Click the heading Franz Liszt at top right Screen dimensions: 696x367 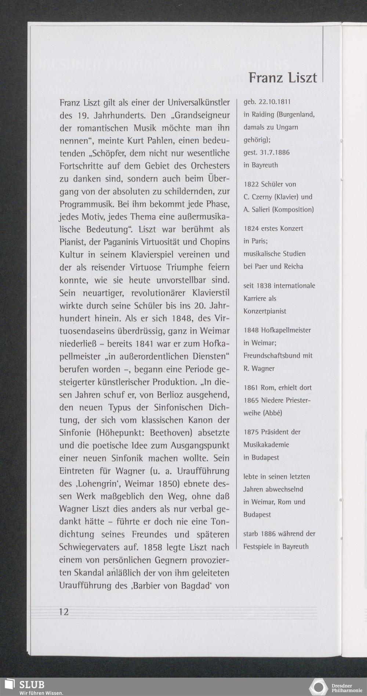[283, 77]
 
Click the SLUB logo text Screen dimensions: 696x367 [32, 684]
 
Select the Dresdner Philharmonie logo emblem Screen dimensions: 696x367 [318, 687]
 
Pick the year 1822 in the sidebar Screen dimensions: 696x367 [251, 184]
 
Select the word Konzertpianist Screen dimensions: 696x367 [265, 311]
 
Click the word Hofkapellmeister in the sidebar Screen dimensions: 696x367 [286, 330]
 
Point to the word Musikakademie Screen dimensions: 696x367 [266, 445]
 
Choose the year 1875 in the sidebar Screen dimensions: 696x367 [251, 432]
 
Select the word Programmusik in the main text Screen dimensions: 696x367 [86, 204]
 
